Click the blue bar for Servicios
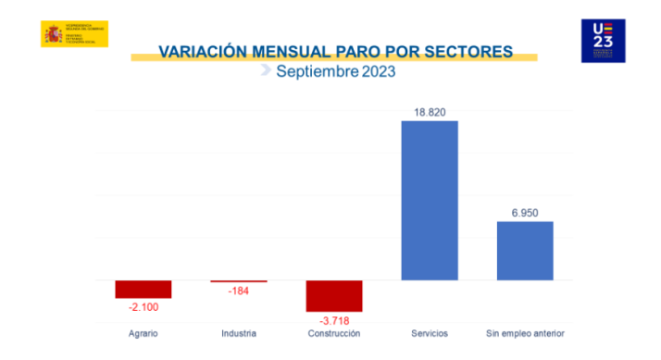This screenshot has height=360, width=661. pyautogui.click(x=430, y=200)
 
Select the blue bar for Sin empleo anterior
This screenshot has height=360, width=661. pyautogui.click(x=525, y=250)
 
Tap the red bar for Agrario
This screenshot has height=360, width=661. pyautogui.click(x=143, y=289)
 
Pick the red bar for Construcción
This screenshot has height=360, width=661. pyautogui.click(x=334, y=295)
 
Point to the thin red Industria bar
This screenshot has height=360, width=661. pyautogui.click(x=239, y=281)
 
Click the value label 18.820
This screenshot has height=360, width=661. pyautogui.click(x=430, y=112)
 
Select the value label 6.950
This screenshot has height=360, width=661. pyautogui.click(x=525, y=213)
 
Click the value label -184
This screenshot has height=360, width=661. pyautogui.click(x=239, y=292)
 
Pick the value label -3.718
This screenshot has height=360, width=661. pyautogui.click(x=334, y=320)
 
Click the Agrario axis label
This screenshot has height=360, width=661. pyautogui.click(x=143, y=333)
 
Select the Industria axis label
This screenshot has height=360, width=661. pyautogui.click(x=239, y=333)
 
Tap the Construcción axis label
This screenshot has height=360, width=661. pyautogui.click(x=334, y=333)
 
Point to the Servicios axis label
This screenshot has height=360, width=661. pyautogui.click(x=430, y=333)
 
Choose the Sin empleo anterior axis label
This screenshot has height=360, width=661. pyautogui.click(x=525, y=333)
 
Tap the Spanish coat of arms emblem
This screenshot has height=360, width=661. pyautogui.click(x=52, y=34)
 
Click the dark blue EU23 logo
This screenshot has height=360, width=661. pyautogui.click(x=603, y=41)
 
